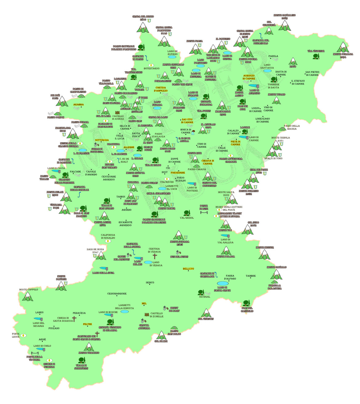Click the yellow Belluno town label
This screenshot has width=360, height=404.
(x=188, y=269)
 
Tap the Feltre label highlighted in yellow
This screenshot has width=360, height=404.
(x=87, y=324)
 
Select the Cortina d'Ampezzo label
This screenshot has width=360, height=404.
(x=161, y=89)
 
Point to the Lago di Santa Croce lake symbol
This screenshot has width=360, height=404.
(x=223, y=283)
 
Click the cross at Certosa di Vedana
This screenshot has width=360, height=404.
(x=155, y=256)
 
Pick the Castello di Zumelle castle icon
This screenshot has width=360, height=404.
(x=147, y=315)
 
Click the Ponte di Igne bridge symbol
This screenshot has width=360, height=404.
(x=203, y=212)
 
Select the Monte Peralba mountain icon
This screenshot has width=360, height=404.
(x=343, y=48)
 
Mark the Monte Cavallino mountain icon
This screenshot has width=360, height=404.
(x=285, y=26)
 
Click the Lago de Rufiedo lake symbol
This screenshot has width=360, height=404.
(x=172, y=57)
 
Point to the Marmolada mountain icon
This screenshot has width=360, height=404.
(x=73, y=134)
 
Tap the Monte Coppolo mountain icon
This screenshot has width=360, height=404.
(x=28, y=296)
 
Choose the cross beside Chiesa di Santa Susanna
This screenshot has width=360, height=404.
(x=74, y=319)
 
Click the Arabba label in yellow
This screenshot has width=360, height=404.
(x=78, y=105)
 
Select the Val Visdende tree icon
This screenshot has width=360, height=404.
(x=316, y=56)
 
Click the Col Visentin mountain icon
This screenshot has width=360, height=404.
(x=206, y=313)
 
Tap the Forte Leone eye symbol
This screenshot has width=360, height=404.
(x=23, y=335)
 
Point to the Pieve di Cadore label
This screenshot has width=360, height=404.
(x=236, y=143)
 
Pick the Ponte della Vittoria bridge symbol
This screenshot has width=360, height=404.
(x=35, y=353)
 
